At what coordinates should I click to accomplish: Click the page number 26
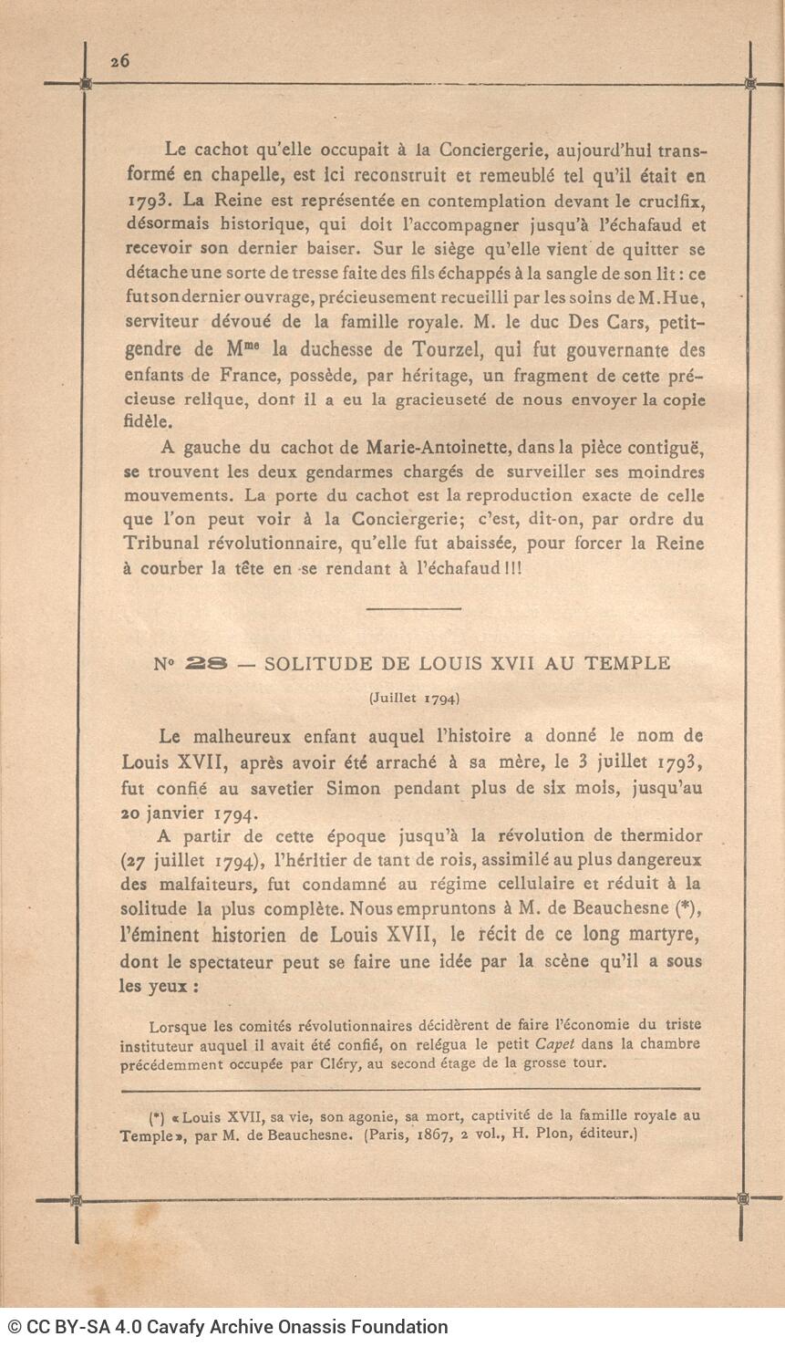[119, 61]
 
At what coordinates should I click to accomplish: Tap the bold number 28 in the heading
[205, 664]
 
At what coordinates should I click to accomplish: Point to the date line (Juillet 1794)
[414, 699]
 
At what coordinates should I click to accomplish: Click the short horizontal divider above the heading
[414, 608]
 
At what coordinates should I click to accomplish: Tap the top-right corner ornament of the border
[749, 84]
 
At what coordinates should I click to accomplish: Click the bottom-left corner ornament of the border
[77, 1200]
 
